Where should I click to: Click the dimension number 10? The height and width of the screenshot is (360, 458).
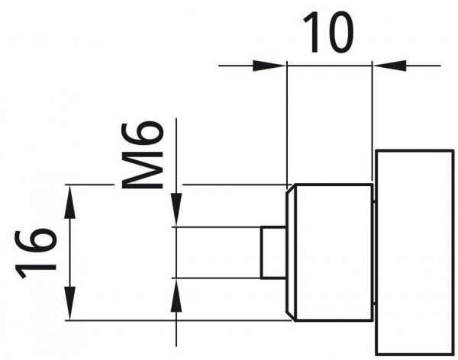pos(328,33)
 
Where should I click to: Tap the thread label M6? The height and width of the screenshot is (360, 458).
pos(142,155)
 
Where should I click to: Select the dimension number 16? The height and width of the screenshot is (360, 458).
pos(35,254)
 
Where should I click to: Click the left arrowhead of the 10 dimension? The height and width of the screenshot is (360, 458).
pos(269,66)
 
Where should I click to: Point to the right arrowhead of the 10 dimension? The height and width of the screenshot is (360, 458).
pos(389,66)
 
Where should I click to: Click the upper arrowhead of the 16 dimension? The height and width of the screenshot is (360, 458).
pos(69,202)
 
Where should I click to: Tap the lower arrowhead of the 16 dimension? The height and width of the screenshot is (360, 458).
pos(69,304)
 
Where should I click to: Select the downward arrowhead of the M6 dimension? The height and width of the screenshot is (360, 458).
pos(176,210)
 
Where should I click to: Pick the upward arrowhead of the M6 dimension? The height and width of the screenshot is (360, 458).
pos(176,295)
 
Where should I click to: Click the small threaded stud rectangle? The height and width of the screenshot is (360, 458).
pos(273,252)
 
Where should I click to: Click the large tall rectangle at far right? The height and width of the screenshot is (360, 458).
pos(414,252)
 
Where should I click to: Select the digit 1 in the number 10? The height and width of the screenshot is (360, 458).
pos(311,33)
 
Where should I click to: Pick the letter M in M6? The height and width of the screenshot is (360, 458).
pos(142,170)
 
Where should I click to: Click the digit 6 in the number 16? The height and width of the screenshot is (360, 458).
pos(35,240)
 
